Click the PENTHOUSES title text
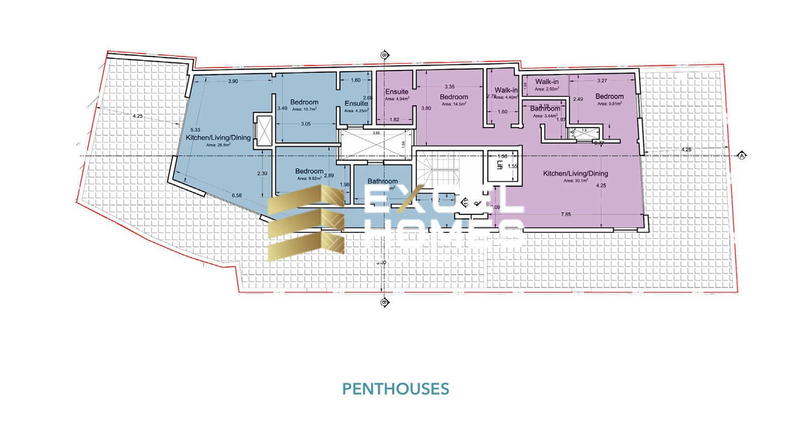(395, 389)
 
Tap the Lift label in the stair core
(500, 165)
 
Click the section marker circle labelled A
(742, 155)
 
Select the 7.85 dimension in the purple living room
(566, 214)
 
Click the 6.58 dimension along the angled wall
(237, 195)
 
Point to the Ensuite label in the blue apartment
(356, 104)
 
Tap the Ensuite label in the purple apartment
(397, 92)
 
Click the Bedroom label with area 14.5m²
(454, 97)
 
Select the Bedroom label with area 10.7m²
(304, 102)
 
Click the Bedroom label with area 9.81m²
(609, 96)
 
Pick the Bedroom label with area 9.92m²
(309, 171)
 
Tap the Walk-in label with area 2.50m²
(547, 82)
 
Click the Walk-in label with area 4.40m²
(506, 90)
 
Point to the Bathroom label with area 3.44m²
(545, 109)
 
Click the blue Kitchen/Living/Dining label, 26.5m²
(218, 138)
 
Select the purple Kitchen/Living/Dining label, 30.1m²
(575, 174)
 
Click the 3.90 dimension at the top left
(233, 81)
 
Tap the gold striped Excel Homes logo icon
(306, 222)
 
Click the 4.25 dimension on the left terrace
(137, 116)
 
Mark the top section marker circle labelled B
(384, 55)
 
